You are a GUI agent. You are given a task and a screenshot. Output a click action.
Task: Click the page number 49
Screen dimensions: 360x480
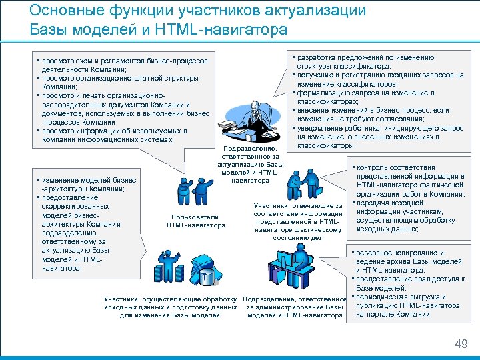pos(461,343)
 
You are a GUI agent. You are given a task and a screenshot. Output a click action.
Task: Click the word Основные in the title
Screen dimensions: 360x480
pos(63,11)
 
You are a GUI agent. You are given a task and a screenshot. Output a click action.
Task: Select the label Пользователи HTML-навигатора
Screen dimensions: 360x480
pos(196,221)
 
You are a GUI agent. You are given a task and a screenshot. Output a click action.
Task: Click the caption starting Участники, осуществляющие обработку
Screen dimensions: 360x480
pos(171,307)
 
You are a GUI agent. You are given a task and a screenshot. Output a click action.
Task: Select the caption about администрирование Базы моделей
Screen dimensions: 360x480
pos(294,307)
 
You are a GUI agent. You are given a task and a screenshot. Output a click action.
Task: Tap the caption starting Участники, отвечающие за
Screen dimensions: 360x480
pos(298,221)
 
